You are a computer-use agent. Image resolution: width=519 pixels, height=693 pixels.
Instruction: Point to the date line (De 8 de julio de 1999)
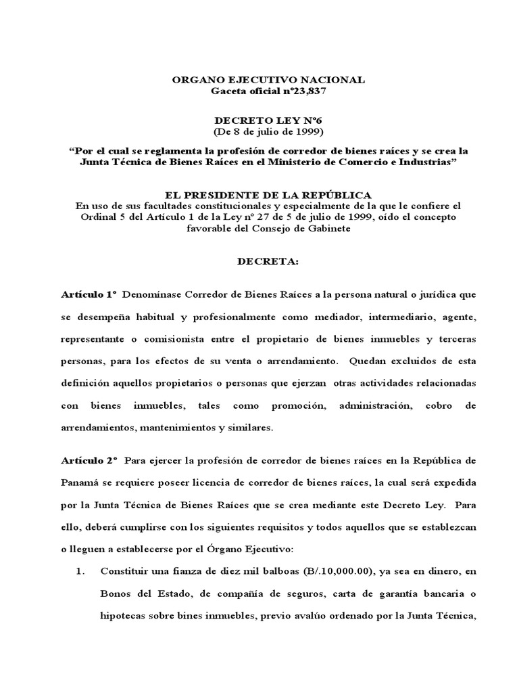click(x=259, y=131)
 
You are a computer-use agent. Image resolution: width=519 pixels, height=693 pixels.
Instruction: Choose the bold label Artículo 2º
click(x=89, y=460)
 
